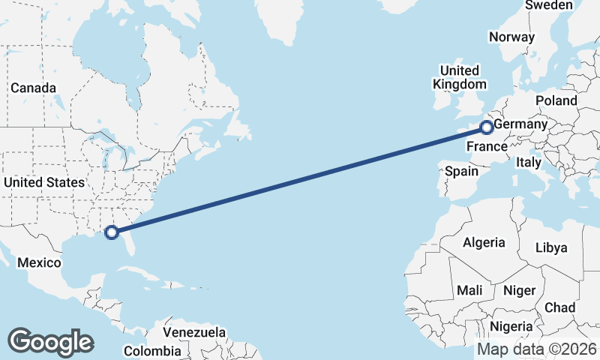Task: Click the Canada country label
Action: (x=33, y=88)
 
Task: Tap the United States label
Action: (x=43, y=182)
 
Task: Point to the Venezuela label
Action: (x=194, y=331)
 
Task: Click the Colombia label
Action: (x=152, y=350)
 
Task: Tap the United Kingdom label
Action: (x=459, y=77)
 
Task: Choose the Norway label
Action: (x=511, y=37)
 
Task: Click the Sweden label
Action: (x=549, y=5)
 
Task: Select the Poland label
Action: (x=556, y=100)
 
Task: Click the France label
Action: (x=487, y=146)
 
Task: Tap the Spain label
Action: (x=461, y=171)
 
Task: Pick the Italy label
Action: (x=528, y=161)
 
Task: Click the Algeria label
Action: (x=484, y=242)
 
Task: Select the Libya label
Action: (x=552, y=247)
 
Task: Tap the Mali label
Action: (x=469, y=290)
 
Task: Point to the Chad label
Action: (x=559, y=307)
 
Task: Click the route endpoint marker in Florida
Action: (x=112, y=232)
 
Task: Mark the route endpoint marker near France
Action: (x=487, y=127)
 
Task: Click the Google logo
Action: (x=50, y=341)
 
